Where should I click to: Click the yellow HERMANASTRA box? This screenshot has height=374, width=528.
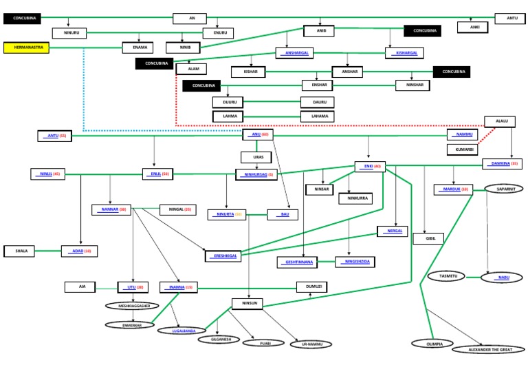26,48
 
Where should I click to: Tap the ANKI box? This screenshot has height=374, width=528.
474,28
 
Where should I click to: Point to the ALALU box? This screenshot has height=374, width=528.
500,121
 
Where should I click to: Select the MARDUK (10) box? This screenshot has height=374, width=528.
453,189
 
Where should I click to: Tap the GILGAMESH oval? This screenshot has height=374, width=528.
213,340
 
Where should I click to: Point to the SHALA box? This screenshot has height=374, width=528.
21,251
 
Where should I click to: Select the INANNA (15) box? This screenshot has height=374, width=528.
179,287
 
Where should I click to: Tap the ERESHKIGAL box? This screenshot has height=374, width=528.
223,256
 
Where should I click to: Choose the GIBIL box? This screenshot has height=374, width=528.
428,239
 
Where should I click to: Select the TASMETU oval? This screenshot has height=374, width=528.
446,276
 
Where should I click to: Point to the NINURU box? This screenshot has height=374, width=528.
69,33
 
